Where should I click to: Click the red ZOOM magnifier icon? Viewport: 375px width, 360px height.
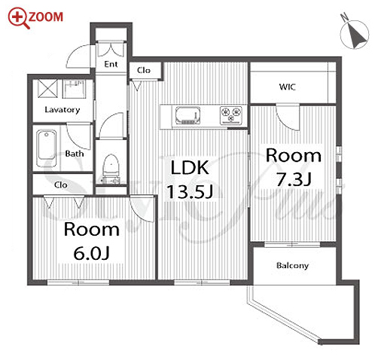(18, 17)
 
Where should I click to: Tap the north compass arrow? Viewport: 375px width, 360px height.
(356, 35)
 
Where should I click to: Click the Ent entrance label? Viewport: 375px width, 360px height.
(111, 64)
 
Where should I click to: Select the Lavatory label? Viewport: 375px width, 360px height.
(62, 110)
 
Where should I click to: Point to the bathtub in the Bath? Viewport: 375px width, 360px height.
(47, 148)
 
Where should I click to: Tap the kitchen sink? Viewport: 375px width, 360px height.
(187, 115)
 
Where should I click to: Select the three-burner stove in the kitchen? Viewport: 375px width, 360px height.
(231, 115)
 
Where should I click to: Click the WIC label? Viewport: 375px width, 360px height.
(288, 87)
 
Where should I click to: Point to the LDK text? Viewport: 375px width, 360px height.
(190, 167)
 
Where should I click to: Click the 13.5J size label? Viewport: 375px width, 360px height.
(190, 191)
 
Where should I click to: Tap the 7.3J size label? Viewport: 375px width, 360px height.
(294, 178)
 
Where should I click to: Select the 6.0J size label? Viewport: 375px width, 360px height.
(92, 253)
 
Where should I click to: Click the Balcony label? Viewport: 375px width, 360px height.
(292, 266)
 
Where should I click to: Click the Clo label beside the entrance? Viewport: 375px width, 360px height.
(144, 70)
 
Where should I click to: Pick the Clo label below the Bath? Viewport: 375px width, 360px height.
(61, 185)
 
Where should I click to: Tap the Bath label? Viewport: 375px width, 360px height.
(75, 154)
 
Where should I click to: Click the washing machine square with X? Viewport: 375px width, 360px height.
(47, 88)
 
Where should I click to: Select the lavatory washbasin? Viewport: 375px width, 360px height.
(74, 88)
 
